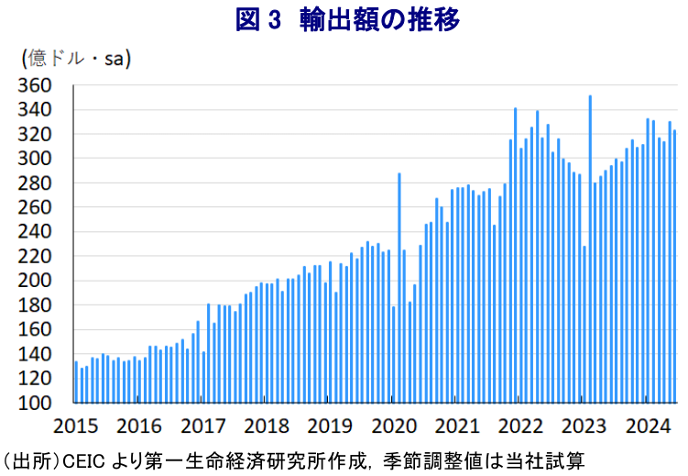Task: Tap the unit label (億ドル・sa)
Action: tap(76, 59)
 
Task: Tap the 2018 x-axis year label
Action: tap(268, 426)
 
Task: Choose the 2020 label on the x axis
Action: tap(395, 426)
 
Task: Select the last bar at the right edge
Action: tap(675, 266)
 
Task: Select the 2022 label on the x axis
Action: tap(522, 426)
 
